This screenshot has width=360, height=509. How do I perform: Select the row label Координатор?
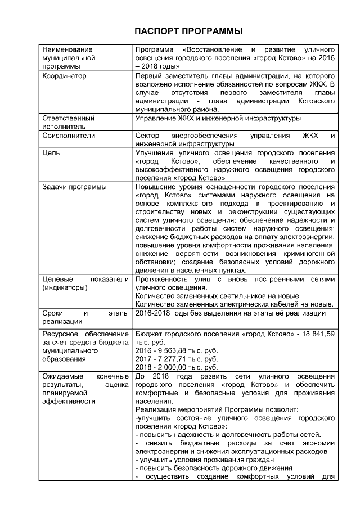point(64,76)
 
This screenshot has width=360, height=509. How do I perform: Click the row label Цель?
point(52,152)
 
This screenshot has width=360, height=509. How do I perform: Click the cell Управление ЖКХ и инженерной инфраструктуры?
point(218,119)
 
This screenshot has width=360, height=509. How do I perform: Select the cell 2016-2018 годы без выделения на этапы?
point(231,313)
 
